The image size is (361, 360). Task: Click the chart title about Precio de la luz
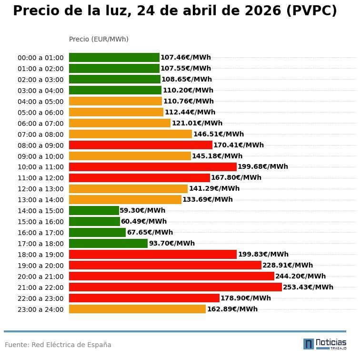(x=175, y=11)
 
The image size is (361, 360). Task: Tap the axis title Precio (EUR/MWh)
(x=99, y=39)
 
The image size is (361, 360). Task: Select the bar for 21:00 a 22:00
(x=175, y=287)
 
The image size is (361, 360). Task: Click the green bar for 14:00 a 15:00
(x=94, y=210)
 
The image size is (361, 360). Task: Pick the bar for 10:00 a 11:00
(x=152, y=167)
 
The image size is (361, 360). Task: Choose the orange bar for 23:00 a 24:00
(x=137, y=309)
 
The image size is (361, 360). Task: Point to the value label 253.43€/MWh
(x=308, y=287)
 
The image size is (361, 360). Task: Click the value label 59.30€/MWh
(x=142, y=210)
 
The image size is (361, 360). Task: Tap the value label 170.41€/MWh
(x=239, y=145)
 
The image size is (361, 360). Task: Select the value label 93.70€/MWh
(x=172, y=243)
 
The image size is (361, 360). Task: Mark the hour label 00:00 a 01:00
(x=40, y=58)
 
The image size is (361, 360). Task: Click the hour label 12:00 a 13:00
(x=40, y=189)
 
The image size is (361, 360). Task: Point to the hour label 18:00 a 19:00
(x=40, y=255)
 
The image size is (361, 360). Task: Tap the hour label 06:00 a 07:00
(x=40, y=123)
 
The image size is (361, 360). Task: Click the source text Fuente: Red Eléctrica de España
(x=58, y=345)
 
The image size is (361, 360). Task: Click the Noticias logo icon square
(x=309, y=344)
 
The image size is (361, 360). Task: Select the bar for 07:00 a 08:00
(x=130, y=134)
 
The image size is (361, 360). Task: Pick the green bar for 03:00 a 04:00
(x=115, y=90)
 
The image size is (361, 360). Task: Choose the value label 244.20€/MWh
(x=301, y=276)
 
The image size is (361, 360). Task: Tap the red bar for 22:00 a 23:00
(x=144, y=298)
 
